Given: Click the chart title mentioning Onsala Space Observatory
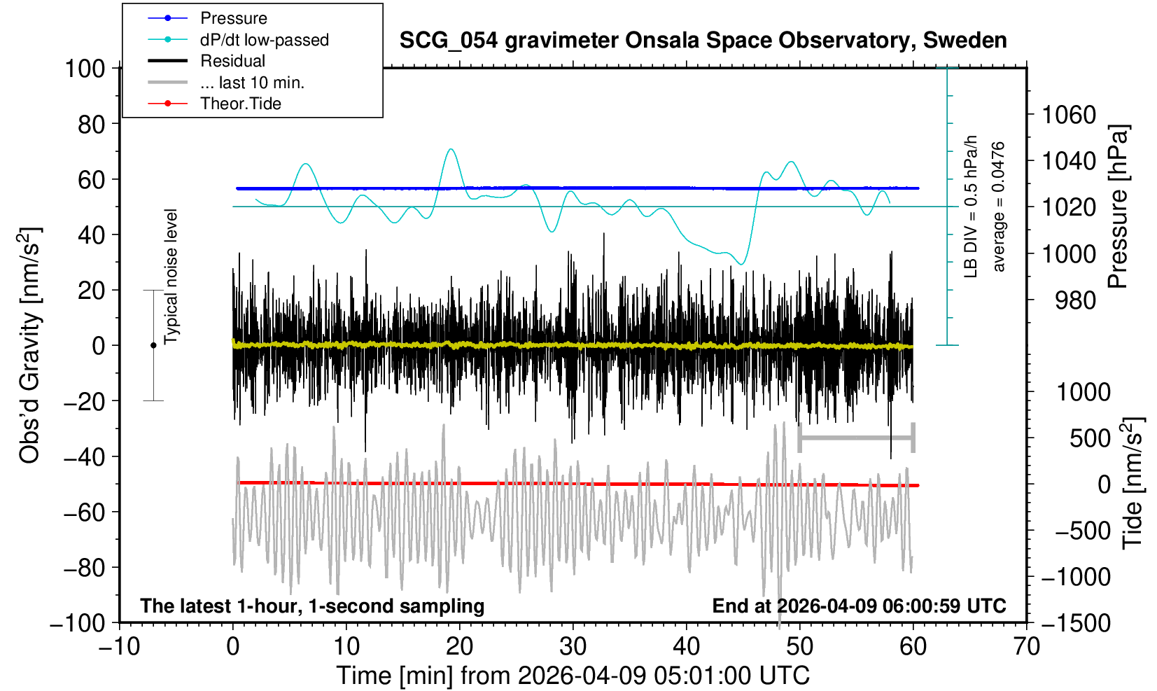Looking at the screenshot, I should click(703, 41).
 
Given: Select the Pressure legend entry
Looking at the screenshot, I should click(233, 18).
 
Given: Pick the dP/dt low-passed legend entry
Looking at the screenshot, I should click(264, 40).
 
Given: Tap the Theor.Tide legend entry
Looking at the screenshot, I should click(240, 104).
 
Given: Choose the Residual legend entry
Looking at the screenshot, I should click(232, 61).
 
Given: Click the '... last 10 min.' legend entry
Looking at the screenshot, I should click(252, 83).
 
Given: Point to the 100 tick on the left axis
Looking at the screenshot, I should click(84, 69).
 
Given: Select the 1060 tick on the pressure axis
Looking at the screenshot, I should click(1069, 114).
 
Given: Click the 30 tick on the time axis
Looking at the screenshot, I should click(573, 645).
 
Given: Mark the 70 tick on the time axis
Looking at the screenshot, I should click(1026, 645).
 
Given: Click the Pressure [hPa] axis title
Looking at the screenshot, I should click(1119, 207).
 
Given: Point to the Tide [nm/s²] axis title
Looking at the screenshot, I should click(1133, 483).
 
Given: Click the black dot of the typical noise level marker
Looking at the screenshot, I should click(153, 345).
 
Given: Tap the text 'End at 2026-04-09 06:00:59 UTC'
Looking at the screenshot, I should click(859, 606).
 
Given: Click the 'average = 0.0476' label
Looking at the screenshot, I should click(999, 207).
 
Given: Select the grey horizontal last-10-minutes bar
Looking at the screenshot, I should click(856, 438).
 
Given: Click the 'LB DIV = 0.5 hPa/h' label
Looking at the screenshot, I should click(970, 207).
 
